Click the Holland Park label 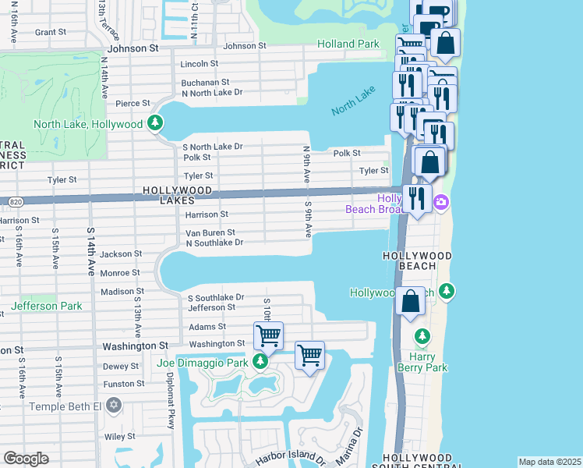click(x=348, y=44)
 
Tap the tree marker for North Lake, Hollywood click(x=155, y=123)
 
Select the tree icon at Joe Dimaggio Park click(x=261, y=363)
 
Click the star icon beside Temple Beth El click(x=115, y=406)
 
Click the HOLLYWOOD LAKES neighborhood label click(x=177, y=196)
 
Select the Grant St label click(x=50, y=32)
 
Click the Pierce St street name click(x=132, y=103)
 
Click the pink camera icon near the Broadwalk click(x=441, y=203)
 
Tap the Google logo click(x=26, y=459)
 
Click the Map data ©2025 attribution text click(x=549, y=462)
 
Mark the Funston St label click(x=124, y=384)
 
